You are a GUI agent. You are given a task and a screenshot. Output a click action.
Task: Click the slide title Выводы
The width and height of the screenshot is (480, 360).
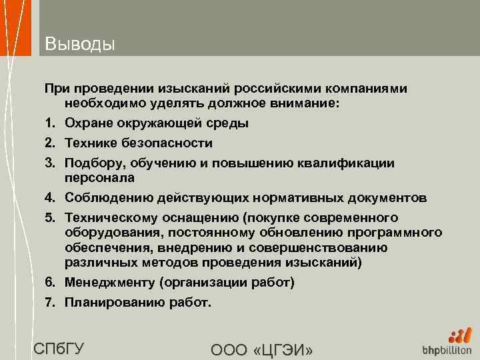point(80,44)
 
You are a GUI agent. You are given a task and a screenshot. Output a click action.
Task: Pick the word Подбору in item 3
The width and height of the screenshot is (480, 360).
point(93,163)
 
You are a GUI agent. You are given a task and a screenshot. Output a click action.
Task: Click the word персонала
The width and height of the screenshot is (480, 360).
point(99,178)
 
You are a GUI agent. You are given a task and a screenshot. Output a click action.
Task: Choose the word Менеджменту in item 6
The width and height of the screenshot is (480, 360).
point(109,282)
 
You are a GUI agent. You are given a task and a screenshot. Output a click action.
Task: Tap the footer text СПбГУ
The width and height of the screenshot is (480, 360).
point(59,348)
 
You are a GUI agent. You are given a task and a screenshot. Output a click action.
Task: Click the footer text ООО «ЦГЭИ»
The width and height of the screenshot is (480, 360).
point(261,349)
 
